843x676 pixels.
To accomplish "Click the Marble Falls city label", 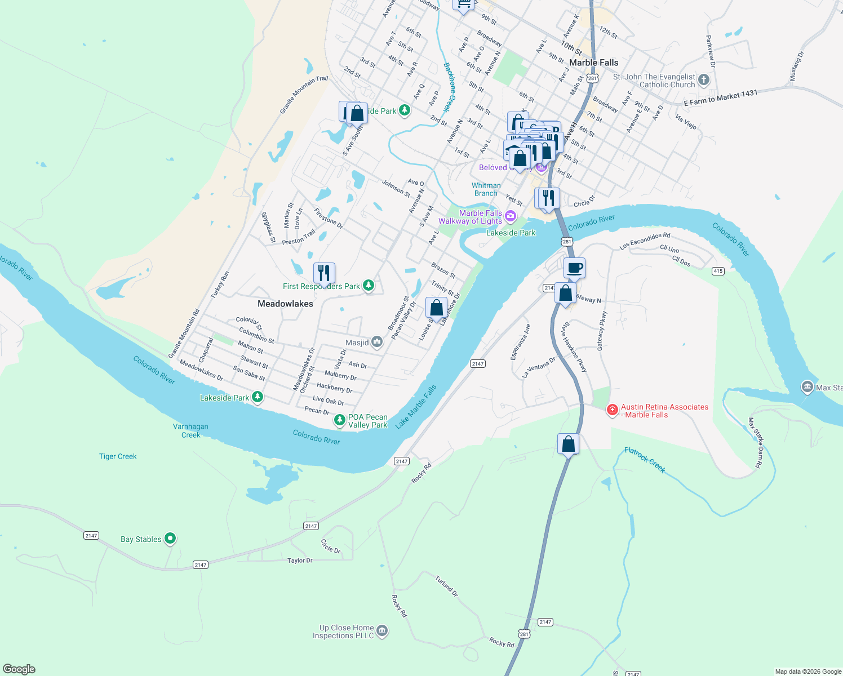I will tap(593, 63).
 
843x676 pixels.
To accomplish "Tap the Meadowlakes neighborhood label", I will tap(285, 304).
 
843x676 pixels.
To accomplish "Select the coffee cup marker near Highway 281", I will tap(574, 268).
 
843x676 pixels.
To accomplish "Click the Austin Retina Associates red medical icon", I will tap(612, 410).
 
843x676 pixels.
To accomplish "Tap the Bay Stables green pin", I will tap(170, 539).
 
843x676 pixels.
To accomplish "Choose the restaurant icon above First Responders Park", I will tap(324, 273).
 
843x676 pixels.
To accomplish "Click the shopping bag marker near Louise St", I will tap(436, 308).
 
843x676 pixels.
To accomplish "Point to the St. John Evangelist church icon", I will tap(703, 80).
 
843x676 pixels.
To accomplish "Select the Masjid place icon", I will tap(377, 342).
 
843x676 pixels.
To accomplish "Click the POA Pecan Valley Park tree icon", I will tap(340, 420).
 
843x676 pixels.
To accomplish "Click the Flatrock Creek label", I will tap(645, 460).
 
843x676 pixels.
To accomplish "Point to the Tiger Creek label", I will tap(118, 456).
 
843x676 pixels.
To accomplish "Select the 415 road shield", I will tap(718, 271).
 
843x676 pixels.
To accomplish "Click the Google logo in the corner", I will tap(19, 669).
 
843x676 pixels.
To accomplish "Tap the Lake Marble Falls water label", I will tap(416, 407).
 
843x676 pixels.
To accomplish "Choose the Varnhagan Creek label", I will tap(190, 430).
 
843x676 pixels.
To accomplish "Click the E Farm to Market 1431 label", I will tap(720, 98).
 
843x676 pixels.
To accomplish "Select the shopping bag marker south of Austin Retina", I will tap(568, 444).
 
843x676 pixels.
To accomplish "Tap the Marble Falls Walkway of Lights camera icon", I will tap(511, 216).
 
